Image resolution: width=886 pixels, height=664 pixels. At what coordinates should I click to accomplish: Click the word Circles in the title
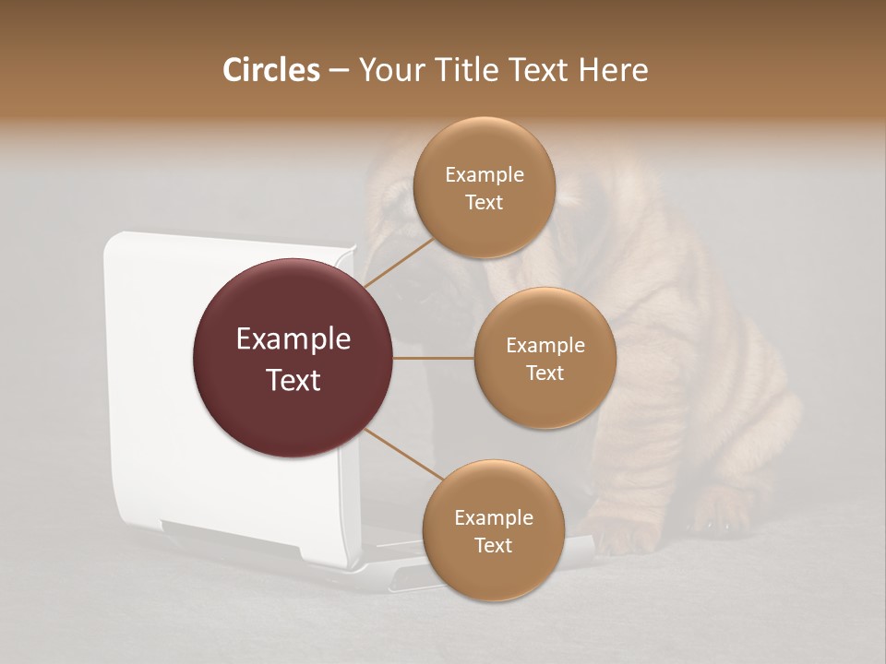(270, 70)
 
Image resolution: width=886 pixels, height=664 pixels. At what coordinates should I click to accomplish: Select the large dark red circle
(293, 358)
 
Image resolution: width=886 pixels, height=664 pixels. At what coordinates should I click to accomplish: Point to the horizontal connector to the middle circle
(434, 358)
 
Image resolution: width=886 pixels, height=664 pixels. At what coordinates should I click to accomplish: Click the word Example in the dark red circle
(293, 339)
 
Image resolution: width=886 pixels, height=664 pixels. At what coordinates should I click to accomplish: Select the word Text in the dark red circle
(293, 379)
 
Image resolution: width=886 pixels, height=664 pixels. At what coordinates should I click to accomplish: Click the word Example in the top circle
(484, 175)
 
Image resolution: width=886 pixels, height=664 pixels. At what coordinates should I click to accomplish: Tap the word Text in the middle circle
(545, 373)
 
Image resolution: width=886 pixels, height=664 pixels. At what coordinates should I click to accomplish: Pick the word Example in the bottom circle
(493, 518)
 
